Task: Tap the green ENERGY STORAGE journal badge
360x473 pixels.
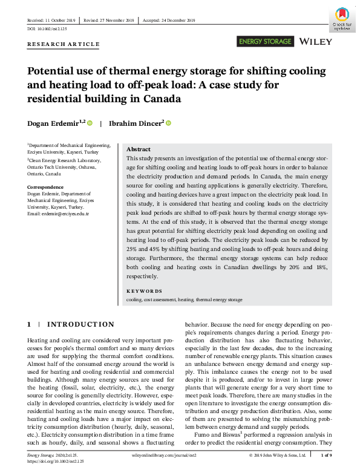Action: (x=266, y=42)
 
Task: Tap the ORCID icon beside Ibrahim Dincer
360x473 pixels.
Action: (x=169, y=123)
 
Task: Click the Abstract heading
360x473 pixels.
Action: (x=139, y=149)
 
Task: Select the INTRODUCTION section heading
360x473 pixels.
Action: (x=80, y=324)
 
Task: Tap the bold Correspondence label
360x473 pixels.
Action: (x=45, y=187)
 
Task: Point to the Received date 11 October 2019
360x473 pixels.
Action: (x=53, y=20)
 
